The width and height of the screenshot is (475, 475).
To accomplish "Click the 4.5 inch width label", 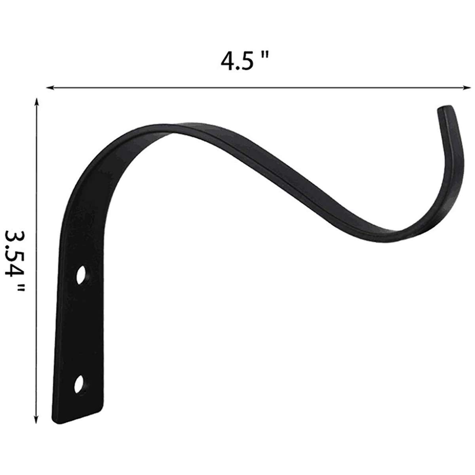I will [245, 62].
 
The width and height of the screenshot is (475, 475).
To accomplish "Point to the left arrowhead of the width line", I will [50, 87].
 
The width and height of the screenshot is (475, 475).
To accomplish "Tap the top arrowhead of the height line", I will [37, 103].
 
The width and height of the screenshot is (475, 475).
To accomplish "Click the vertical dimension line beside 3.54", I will [37, 198].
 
